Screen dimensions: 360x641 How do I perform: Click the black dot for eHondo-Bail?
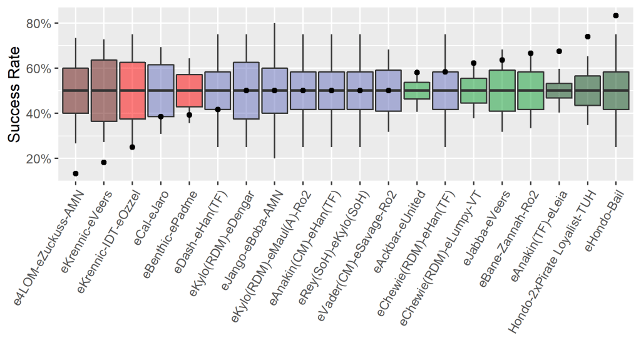click(616, 16)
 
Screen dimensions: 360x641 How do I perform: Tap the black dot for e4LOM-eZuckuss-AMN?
click(76, 173)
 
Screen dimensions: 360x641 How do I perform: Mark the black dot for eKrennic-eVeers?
click(104, 162)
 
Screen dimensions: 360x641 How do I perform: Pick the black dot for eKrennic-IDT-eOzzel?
click(132, 147)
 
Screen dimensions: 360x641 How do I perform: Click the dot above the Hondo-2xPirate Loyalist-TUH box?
click(588, 37)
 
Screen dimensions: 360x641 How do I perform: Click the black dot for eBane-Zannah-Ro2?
click(531, 53)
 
